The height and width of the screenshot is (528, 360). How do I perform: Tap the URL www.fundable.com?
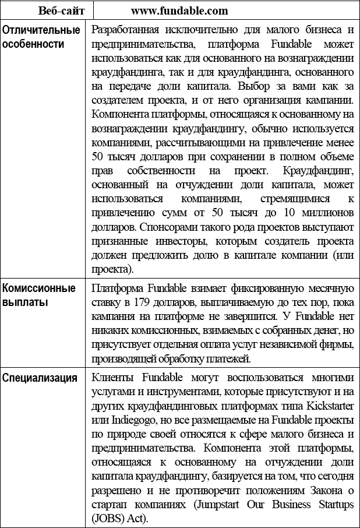click(x=179, y=10)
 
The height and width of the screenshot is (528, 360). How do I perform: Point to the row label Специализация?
click(x=40, y=378)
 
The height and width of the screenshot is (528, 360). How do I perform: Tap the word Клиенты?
click(x=112, y=377)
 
